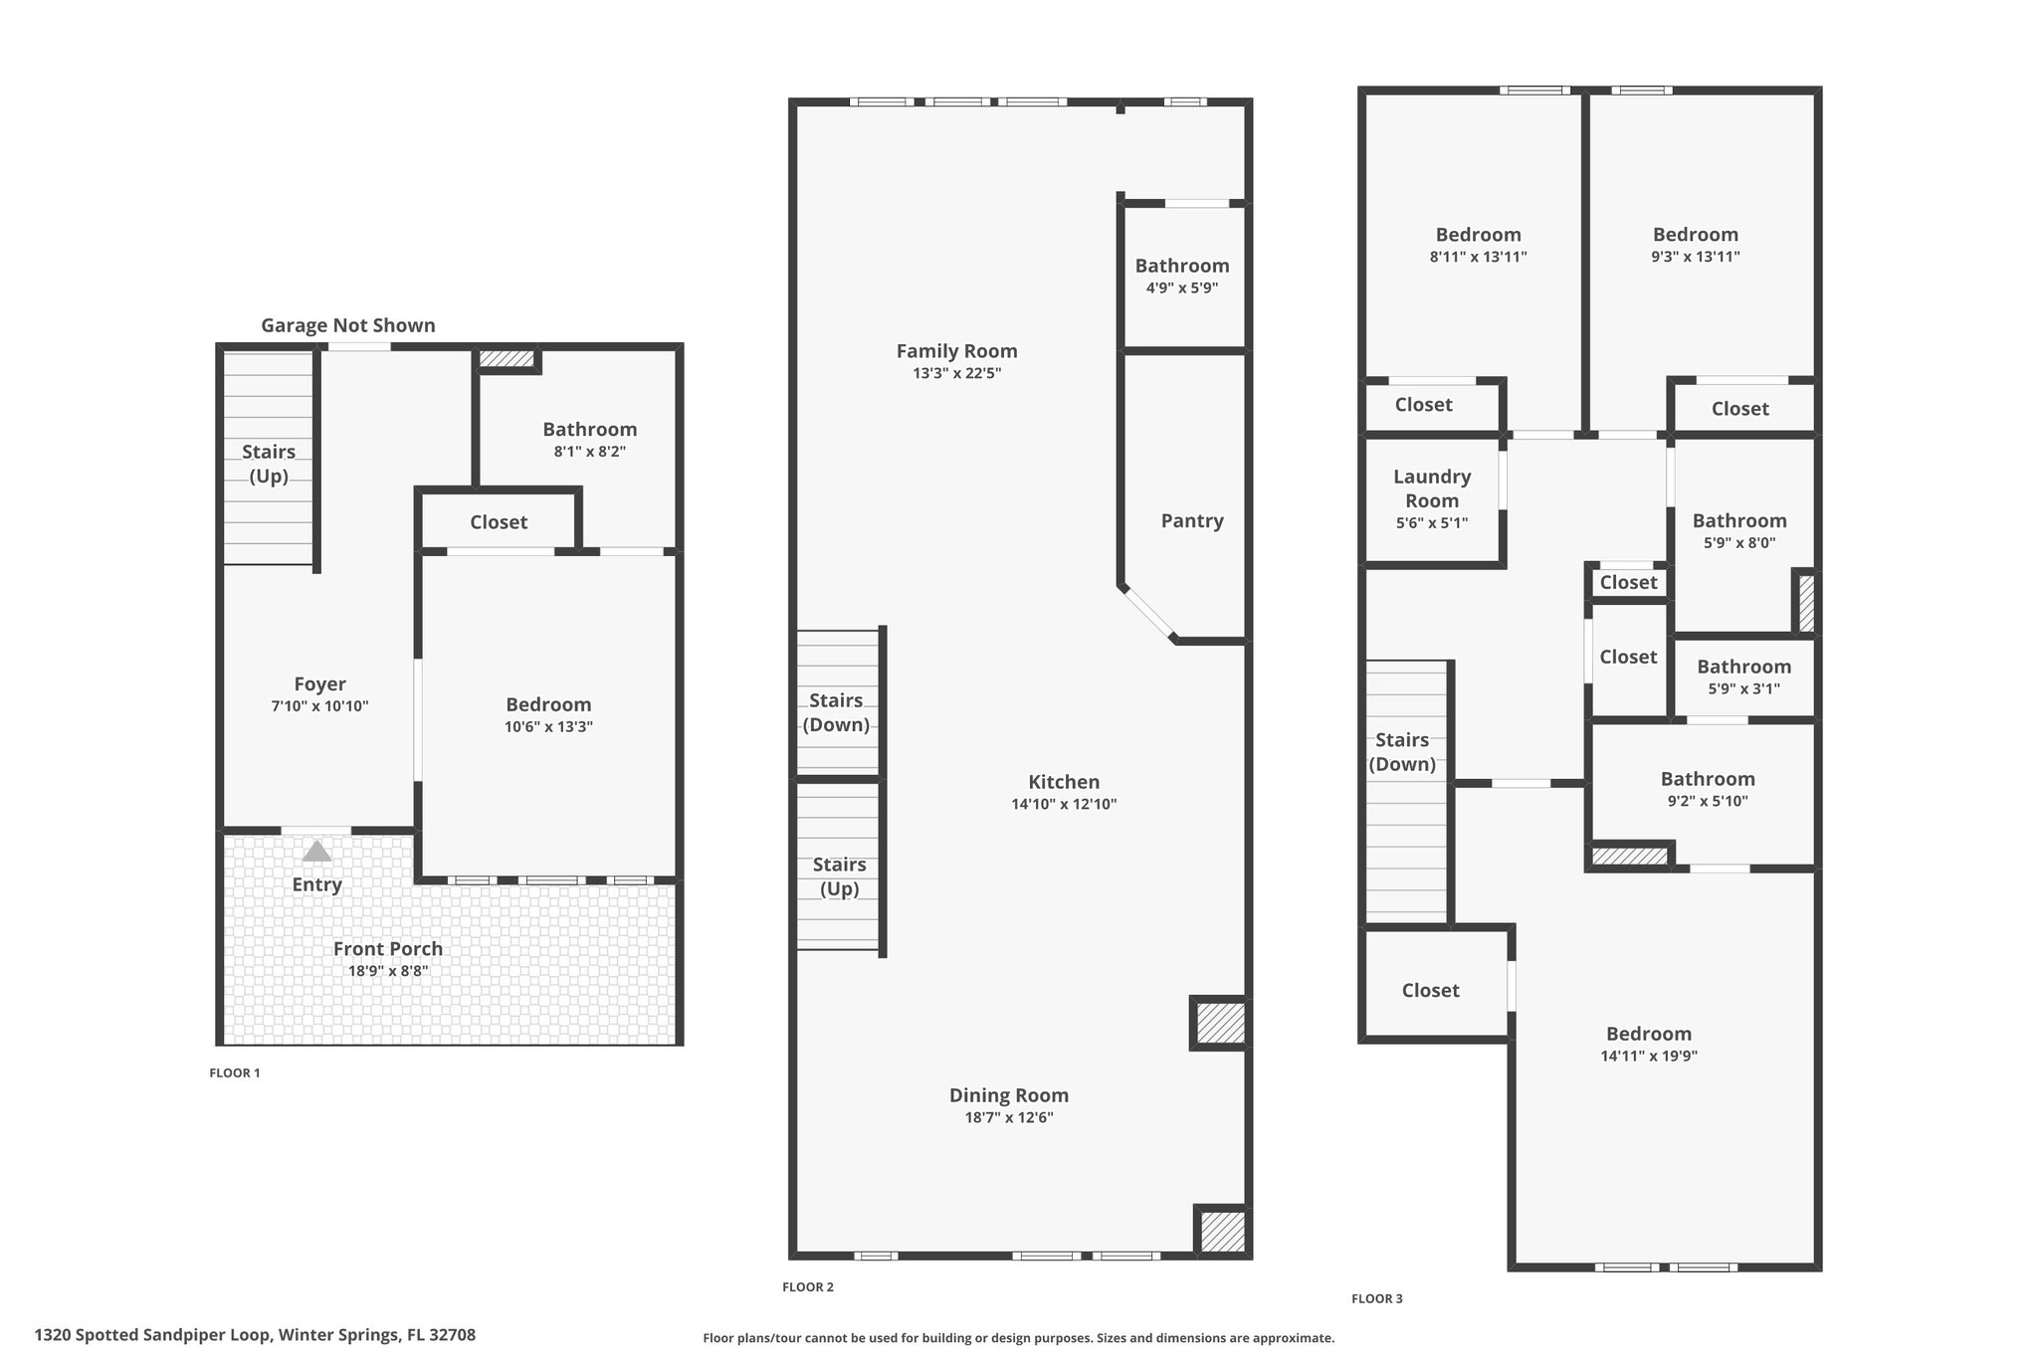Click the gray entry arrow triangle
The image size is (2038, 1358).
316,851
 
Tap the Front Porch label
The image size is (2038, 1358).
388,948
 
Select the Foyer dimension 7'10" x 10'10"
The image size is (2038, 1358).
319,706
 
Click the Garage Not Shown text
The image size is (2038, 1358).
348,325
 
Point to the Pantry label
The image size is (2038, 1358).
1192,521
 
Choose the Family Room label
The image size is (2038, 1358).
956,351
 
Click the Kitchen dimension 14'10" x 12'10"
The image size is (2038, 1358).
1064,804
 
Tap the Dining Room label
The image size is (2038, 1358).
1009,1095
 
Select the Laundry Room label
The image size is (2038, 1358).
1432,488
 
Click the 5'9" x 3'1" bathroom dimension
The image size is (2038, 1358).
1743,688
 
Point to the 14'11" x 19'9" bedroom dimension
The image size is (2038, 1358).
1649,1056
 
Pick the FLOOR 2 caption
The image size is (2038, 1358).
808,1286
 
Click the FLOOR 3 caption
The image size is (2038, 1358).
1377,1298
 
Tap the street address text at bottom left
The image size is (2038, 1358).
255,1335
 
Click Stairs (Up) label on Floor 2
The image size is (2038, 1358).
839,876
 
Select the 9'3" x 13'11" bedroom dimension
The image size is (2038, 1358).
1696,257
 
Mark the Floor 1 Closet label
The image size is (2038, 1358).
499,522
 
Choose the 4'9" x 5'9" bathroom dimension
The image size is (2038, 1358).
1182,289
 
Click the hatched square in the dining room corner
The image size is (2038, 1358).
1220,1231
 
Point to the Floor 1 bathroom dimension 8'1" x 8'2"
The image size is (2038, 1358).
590,452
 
